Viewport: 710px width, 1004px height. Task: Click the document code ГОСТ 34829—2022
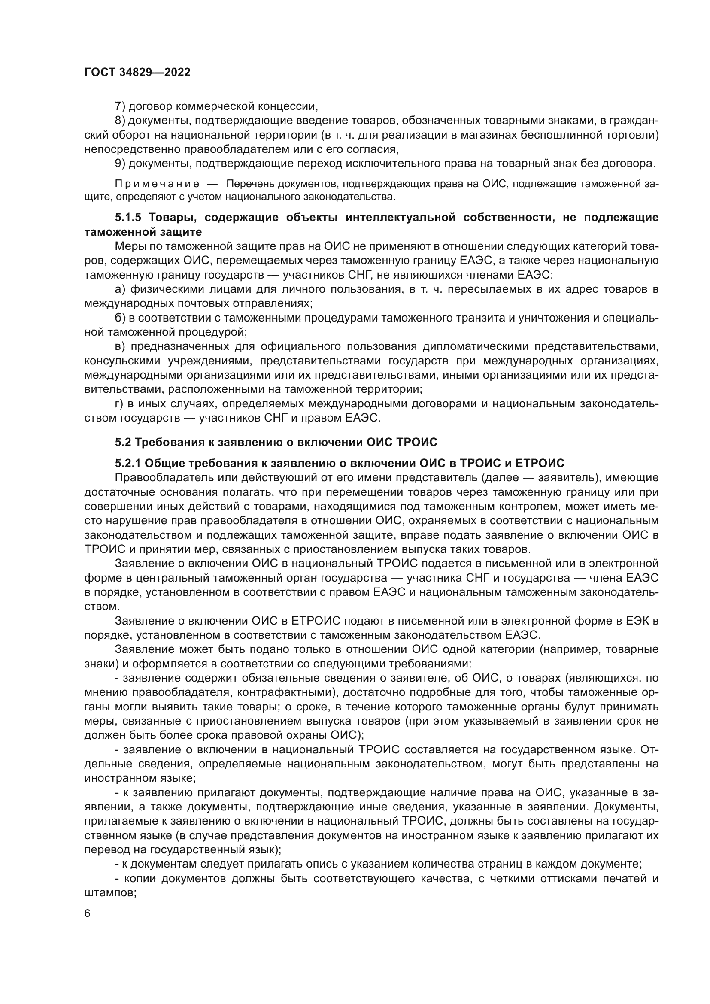[137, 72]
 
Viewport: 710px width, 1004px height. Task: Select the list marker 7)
[120, 106]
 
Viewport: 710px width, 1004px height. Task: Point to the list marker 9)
[120, 164]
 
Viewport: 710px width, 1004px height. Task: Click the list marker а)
[120, 289]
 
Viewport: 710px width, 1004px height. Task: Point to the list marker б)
[120, 318]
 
